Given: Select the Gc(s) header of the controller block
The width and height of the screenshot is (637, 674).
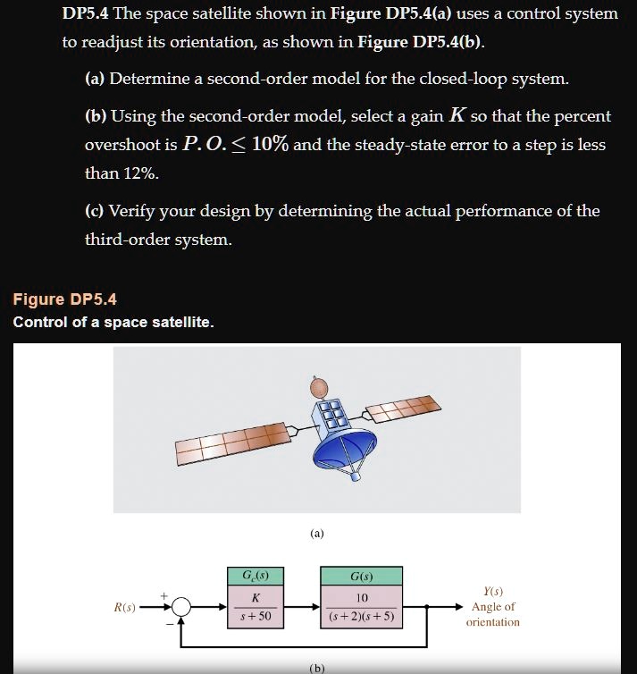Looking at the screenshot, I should pos(256,575).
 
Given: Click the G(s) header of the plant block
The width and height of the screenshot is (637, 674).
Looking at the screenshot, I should pos(362,575).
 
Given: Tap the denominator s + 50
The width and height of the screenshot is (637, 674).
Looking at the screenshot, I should pos(256,617).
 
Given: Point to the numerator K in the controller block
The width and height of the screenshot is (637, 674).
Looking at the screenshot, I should pos(256,597).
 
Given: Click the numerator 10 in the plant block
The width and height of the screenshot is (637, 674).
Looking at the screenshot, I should pos(362,597).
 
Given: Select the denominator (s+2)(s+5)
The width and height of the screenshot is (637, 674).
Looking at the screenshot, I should pos(362,617).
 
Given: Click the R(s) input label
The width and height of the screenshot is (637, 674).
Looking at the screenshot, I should pos(125,608).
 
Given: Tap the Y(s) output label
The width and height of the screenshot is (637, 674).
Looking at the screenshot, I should pos(492,591).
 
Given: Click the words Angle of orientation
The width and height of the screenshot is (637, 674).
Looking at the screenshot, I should pos(492,614).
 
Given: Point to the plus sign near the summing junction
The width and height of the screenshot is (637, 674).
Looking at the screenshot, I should pos(163,593).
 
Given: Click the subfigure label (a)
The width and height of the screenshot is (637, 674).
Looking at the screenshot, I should pos(317,534).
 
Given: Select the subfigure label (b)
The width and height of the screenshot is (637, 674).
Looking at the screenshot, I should pos(317,667).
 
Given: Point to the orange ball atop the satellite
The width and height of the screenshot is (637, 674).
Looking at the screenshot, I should pos(319,385).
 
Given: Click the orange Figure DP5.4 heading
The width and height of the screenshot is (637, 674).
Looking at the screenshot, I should pos(64,299).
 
